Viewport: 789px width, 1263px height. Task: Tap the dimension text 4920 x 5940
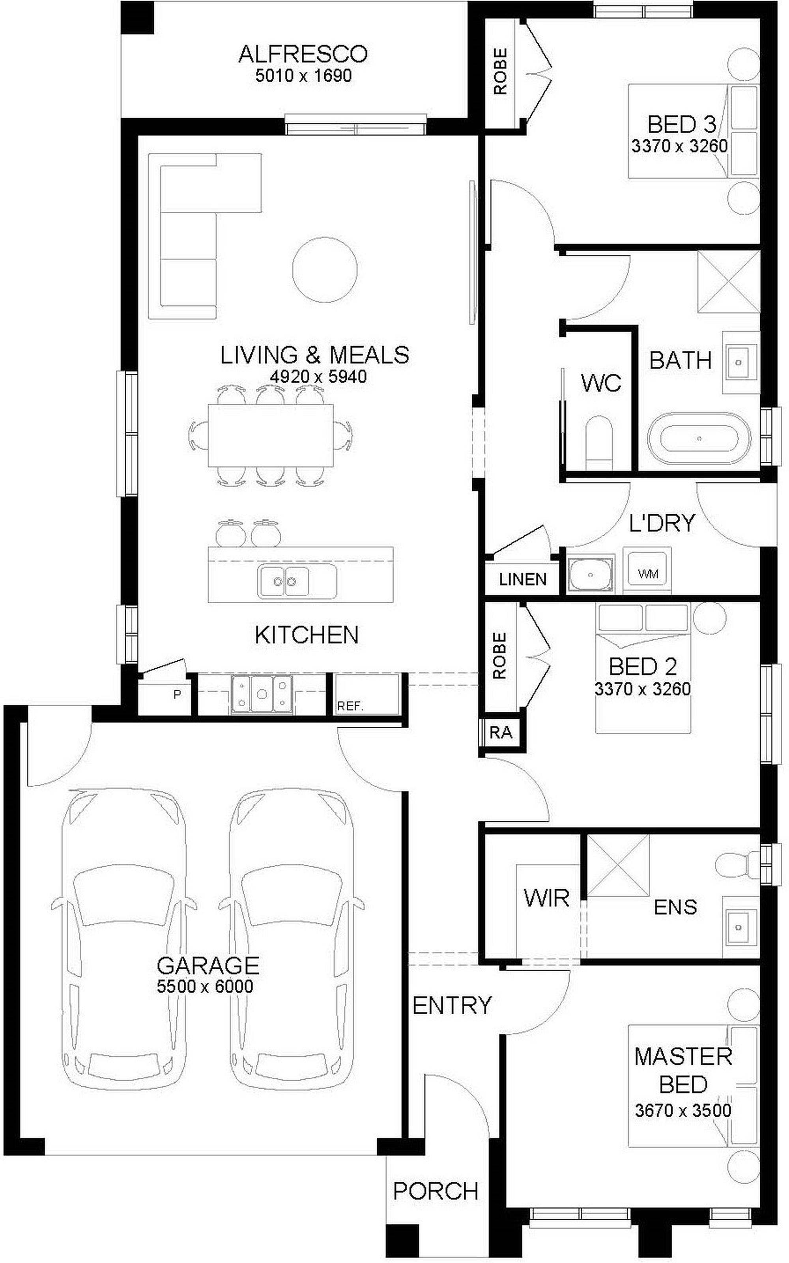318,377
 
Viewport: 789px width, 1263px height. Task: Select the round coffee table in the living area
325,269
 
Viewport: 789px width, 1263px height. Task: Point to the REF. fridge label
350,707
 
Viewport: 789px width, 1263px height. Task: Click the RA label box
501,733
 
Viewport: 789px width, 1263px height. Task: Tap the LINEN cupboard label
522,579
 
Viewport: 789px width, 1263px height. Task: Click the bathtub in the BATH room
699,438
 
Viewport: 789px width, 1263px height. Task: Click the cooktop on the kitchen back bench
262,694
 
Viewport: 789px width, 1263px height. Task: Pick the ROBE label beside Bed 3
500,71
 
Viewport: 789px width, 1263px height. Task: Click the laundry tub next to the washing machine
590,575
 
